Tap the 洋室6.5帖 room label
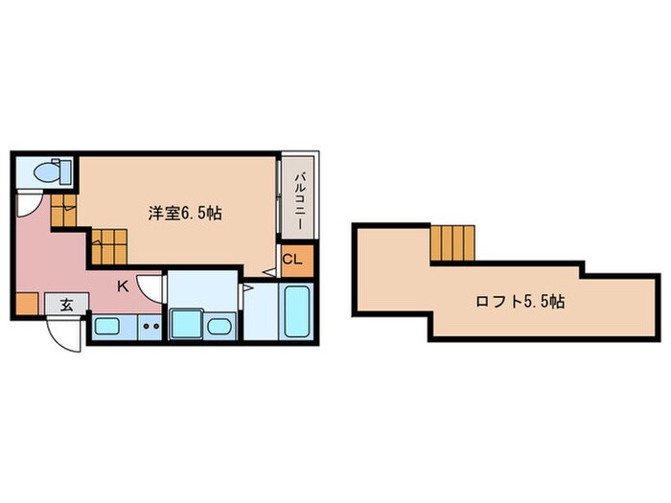185,213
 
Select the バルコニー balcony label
299,198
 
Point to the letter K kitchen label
124,285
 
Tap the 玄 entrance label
67,306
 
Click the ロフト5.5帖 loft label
520,300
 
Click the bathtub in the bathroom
296,312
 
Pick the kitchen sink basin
106,326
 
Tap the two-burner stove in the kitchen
150,326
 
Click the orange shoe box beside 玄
25,306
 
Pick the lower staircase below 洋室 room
108,248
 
